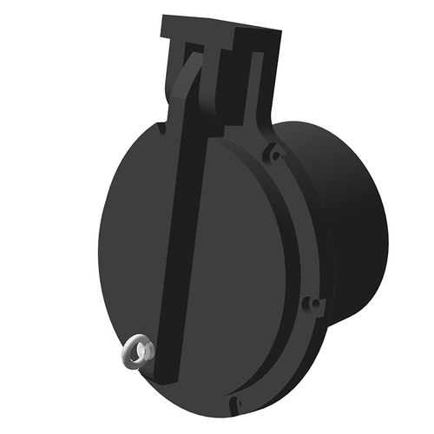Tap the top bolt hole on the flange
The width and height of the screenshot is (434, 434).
pyautogui.click(x=274, y=154)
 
